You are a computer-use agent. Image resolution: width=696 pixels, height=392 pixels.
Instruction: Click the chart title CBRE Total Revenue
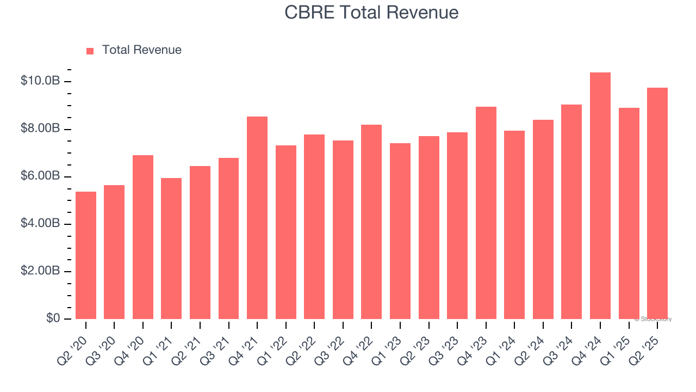coord(371,13)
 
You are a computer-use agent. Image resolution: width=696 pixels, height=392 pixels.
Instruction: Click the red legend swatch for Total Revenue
coord(90,51)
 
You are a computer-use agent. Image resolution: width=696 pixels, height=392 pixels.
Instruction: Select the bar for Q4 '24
coord(600,196)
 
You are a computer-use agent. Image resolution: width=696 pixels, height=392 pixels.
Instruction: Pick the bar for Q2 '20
coord(86,255)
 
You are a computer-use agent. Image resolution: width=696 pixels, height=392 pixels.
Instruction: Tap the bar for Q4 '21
coord(257,218)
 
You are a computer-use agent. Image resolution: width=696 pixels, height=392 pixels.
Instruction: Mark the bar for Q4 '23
coord(486,213)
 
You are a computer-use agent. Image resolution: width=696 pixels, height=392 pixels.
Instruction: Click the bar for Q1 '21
coord(171,248)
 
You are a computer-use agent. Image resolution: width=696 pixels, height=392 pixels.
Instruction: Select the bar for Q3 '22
coord(343,230)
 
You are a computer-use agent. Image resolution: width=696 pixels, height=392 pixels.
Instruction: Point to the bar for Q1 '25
coord(629,213)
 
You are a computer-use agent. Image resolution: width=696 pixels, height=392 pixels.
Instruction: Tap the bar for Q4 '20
coord(143,237)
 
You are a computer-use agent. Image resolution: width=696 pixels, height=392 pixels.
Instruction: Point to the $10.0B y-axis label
coord(40,81)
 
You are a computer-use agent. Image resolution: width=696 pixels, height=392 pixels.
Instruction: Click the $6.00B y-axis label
coord(40,176)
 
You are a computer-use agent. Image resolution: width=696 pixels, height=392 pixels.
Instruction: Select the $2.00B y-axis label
coord(40,271)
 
